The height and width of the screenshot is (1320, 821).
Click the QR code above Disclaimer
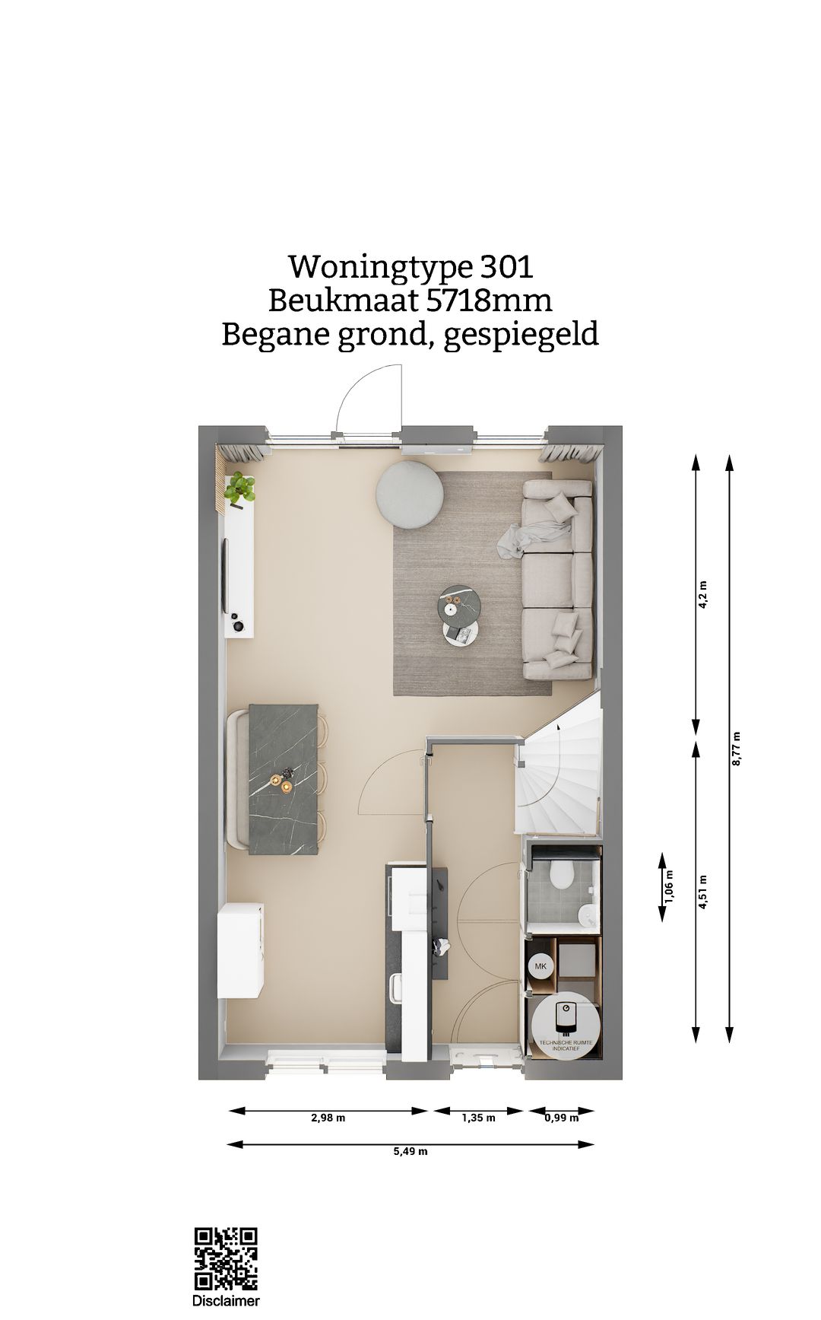(x=226, y=1258)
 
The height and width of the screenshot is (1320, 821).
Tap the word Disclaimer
(x=226, y=1301)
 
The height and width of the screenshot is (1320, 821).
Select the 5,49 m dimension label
(x=410, y=1151)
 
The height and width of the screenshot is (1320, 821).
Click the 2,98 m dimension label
(x=328, y=1118)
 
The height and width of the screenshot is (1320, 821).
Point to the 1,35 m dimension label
(x=478, y=1118)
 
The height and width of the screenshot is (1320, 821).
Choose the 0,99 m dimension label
(x=561, y=1118)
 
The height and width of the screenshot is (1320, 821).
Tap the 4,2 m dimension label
(x=702, y=594)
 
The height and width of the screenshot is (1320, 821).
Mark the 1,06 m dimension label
(x=669, y=887)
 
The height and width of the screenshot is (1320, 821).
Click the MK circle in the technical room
(x=540, y=967)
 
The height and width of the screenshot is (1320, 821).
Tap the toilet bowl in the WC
(x=563, y=874)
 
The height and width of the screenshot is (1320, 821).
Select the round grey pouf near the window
(x=409, y=495)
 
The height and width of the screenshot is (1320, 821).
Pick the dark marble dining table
(x=284, y=779)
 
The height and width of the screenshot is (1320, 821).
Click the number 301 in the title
(x=506, y=267)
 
